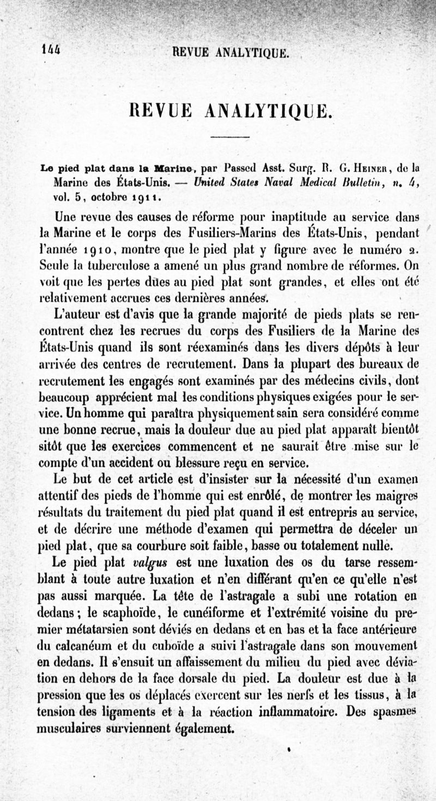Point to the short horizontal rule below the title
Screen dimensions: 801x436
point(229,136)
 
